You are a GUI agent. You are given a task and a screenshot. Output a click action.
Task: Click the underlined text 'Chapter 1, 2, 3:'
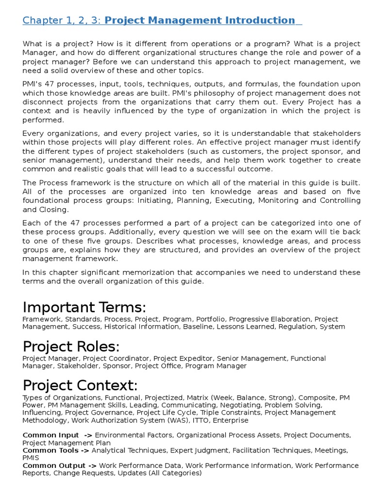[x=62, y=20]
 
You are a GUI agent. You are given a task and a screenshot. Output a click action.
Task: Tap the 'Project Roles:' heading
[x=71, y=347]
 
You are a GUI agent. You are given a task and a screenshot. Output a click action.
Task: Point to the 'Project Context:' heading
[x=80, y=385]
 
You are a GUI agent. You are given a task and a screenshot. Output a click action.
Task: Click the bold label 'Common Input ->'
[x=57, y=435]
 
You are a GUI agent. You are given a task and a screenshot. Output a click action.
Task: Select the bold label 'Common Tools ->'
[x=56, y=450]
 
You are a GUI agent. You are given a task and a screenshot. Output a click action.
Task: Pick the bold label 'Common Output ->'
[x=59, y=465]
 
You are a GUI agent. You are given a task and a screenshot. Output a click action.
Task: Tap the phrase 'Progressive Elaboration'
[x=270, y=319]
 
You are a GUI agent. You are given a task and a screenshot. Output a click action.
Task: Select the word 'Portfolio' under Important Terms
[x=211, y=319]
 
